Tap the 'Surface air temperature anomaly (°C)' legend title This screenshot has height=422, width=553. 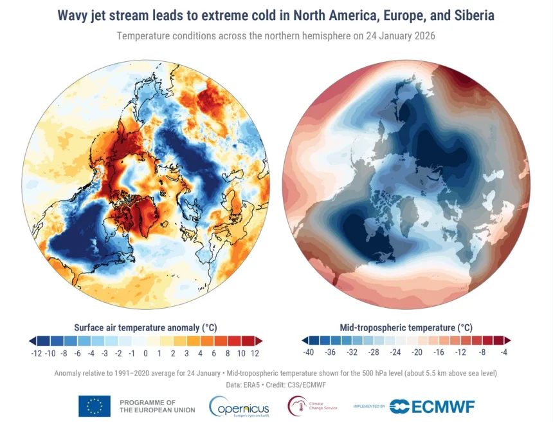(x=146, y=327)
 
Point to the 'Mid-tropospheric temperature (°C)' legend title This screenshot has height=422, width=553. (x=406, y=327)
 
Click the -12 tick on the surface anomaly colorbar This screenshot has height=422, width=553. (x=37, y=352)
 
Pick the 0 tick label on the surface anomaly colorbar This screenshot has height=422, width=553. (x=146, y=352)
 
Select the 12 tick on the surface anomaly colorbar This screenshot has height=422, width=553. (x=255, y=352)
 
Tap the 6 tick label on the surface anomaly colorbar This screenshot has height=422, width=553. (x=214, y=352)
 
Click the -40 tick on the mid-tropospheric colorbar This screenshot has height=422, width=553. (x=309, y=352)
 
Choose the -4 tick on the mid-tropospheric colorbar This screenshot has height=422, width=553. (x=504, y=352)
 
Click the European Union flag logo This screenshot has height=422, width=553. (x=94, y=406)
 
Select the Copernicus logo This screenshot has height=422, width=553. (x=237, y=406)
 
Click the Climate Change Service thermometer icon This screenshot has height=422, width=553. (x=298, y=406)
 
